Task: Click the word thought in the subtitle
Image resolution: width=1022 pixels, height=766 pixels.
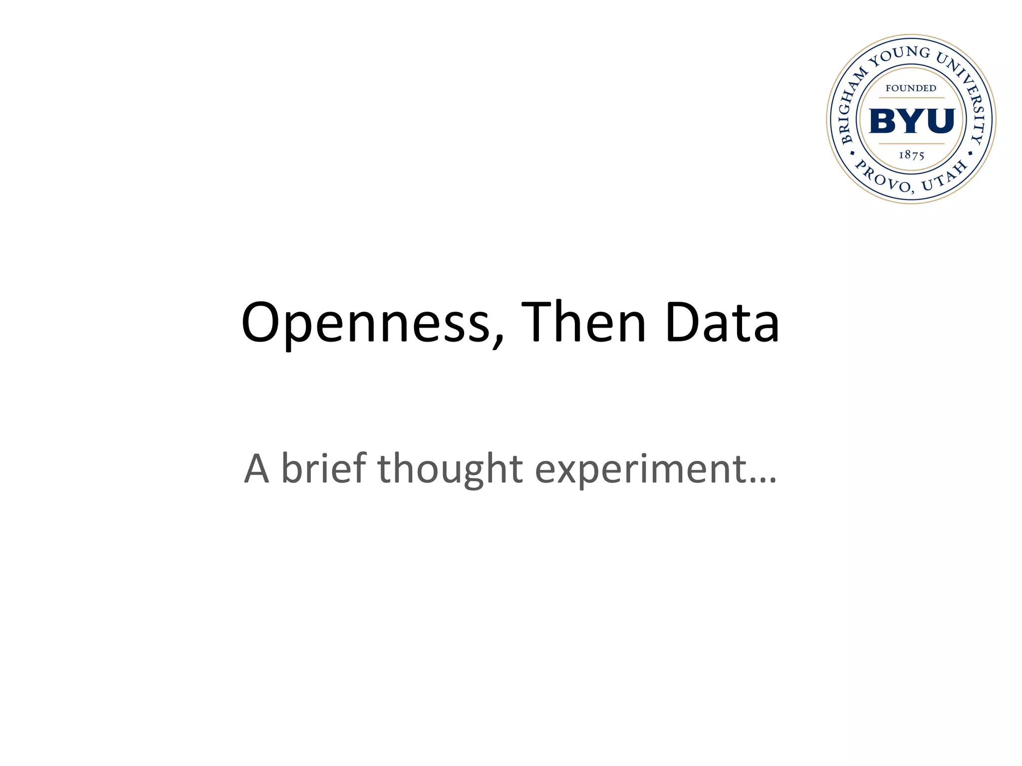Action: pyautogui.click(x=450, y=469)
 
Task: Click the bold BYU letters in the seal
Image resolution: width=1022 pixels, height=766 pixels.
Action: pyautogui.click(x=912, y=121)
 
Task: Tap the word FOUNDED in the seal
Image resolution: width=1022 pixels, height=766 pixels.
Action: pyautogui.click(x=911, y=88)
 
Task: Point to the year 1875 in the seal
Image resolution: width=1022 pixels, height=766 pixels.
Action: pyautogui.click(x=911, y=155)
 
